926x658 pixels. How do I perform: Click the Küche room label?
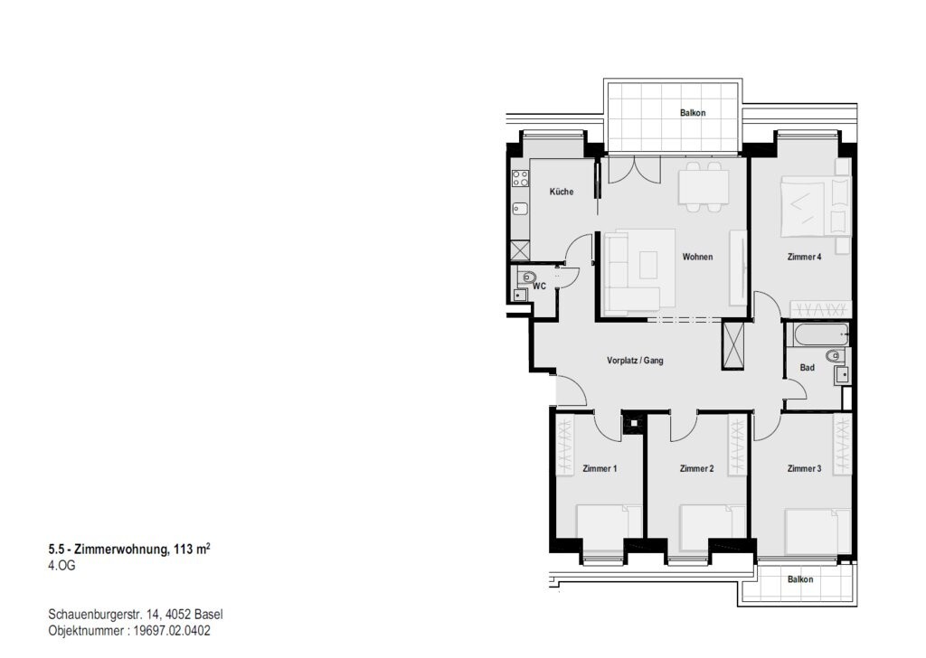pyautogui.click(x=561, y=192)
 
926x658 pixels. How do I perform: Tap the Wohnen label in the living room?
pyautogui.click(x=697, y=257)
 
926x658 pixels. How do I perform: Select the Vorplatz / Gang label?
pyautogui.click(x=635, y=360)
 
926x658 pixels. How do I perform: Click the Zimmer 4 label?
pyautogui.click(x=804, y=257)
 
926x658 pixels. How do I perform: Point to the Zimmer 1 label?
pyautogui.click(x=600, y=468)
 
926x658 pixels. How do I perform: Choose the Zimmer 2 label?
pyautogui.click(x=697, y=468)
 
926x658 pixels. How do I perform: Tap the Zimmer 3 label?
pyautogui.click(x=804, y=468)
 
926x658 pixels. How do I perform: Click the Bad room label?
pyautogui.click(x=807, y=368)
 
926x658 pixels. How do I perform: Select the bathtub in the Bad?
pyautogui.click(x=821, y=334)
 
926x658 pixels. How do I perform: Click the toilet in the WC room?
pyautogui.click(x=527, y=277)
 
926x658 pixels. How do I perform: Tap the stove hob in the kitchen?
pyautogui.click(x=520, y=178)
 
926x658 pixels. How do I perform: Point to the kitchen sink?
pyautogui.click(x=520, y=208)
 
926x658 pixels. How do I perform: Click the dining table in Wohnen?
pyautogui.click(x=704, y=186)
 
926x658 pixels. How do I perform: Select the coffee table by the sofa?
pyautogui.click(x=648, y=265)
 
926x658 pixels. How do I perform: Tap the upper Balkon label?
pyautogui.click(x=692, y=113)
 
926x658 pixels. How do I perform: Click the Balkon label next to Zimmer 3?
pyautogui.click(x=800, y=579)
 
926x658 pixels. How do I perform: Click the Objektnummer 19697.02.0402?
pyautogui.click(x=129, y=631)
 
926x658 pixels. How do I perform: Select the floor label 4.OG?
pyautogui.click(x=62, y=565)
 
